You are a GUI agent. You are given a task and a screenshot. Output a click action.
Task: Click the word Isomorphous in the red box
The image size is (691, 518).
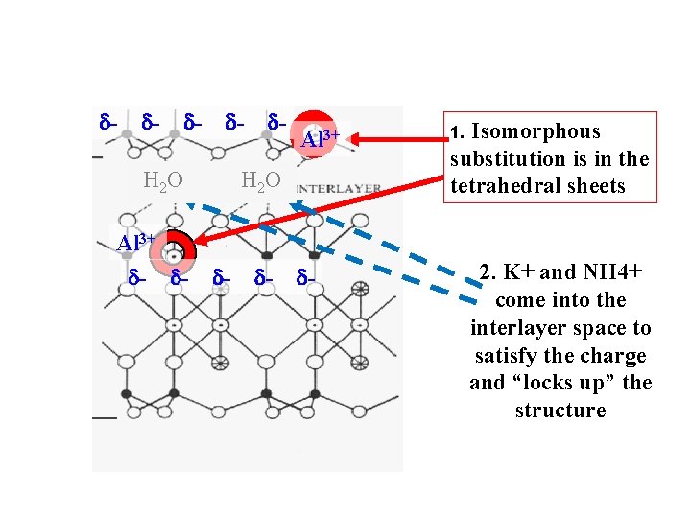(x=536, y=131)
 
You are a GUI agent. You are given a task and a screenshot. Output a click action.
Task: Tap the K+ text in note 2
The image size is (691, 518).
(x=519, y=271)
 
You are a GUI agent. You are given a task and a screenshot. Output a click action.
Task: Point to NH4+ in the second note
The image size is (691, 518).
(x=612, y=271)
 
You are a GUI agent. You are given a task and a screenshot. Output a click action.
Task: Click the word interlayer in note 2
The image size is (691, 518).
(x=521, y=328)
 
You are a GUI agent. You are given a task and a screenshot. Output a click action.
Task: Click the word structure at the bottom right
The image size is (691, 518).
(x=560, y=411)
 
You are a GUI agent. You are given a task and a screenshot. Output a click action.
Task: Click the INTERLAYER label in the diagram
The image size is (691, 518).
(x=340, y=189)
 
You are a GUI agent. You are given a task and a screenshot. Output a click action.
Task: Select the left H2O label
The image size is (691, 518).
(x=163, y=180)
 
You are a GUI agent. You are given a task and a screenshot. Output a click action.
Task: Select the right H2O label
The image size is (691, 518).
(x=261, y=180)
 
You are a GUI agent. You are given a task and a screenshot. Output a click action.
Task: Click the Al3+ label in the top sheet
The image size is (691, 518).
(x=320, y=139)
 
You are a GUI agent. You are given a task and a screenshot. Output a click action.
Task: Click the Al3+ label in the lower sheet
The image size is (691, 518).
(x=135, y=243)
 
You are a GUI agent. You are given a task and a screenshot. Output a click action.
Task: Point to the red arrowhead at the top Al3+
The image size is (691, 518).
(x=354, y=140)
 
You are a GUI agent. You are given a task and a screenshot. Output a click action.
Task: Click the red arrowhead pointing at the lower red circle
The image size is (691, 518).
(x=201, y=240)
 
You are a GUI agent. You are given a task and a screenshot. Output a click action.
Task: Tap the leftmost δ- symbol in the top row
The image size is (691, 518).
(x=107, y=121)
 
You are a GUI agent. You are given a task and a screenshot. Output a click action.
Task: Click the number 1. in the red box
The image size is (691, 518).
(x=457, y=132)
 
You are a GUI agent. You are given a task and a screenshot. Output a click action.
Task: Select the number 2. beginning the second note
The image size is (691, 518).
(x=488, y=272)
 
